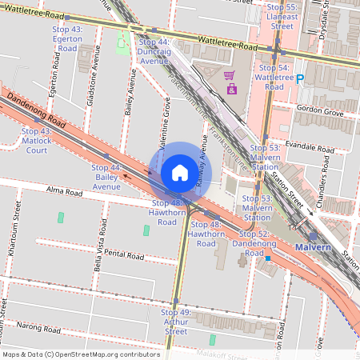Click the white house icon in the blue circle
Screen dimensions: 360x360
pos(180,173)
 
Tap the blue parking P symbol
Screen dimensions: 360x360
pos(300,78)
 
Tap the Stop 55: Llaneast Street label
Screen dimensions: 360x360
pos(279,17)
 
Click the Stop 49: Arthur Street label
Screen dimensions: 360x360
pos(176,322)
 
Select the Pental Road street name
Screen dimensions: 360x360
pos(124,254)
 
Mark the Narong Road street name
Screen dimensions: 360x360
pos(41,326)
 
